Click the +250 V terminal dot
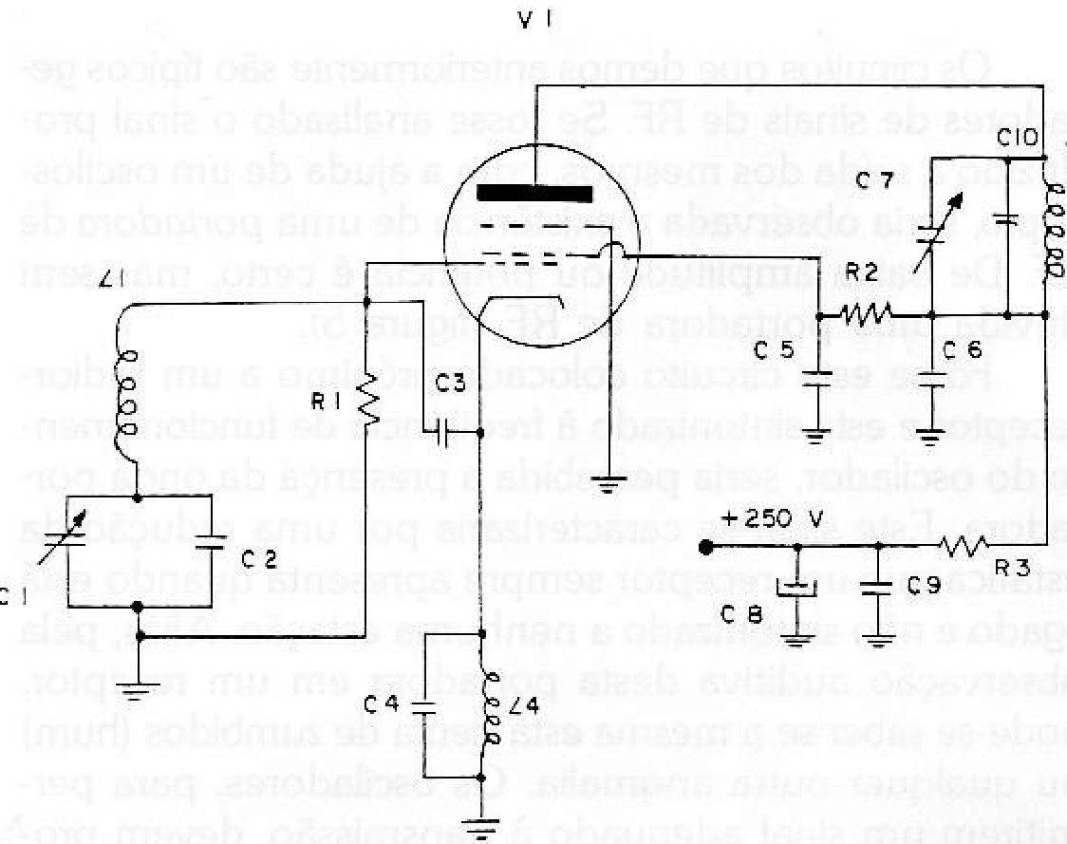point(705,547)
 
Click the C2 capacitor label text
point(258,562)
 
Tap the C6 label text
point(964,352)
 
